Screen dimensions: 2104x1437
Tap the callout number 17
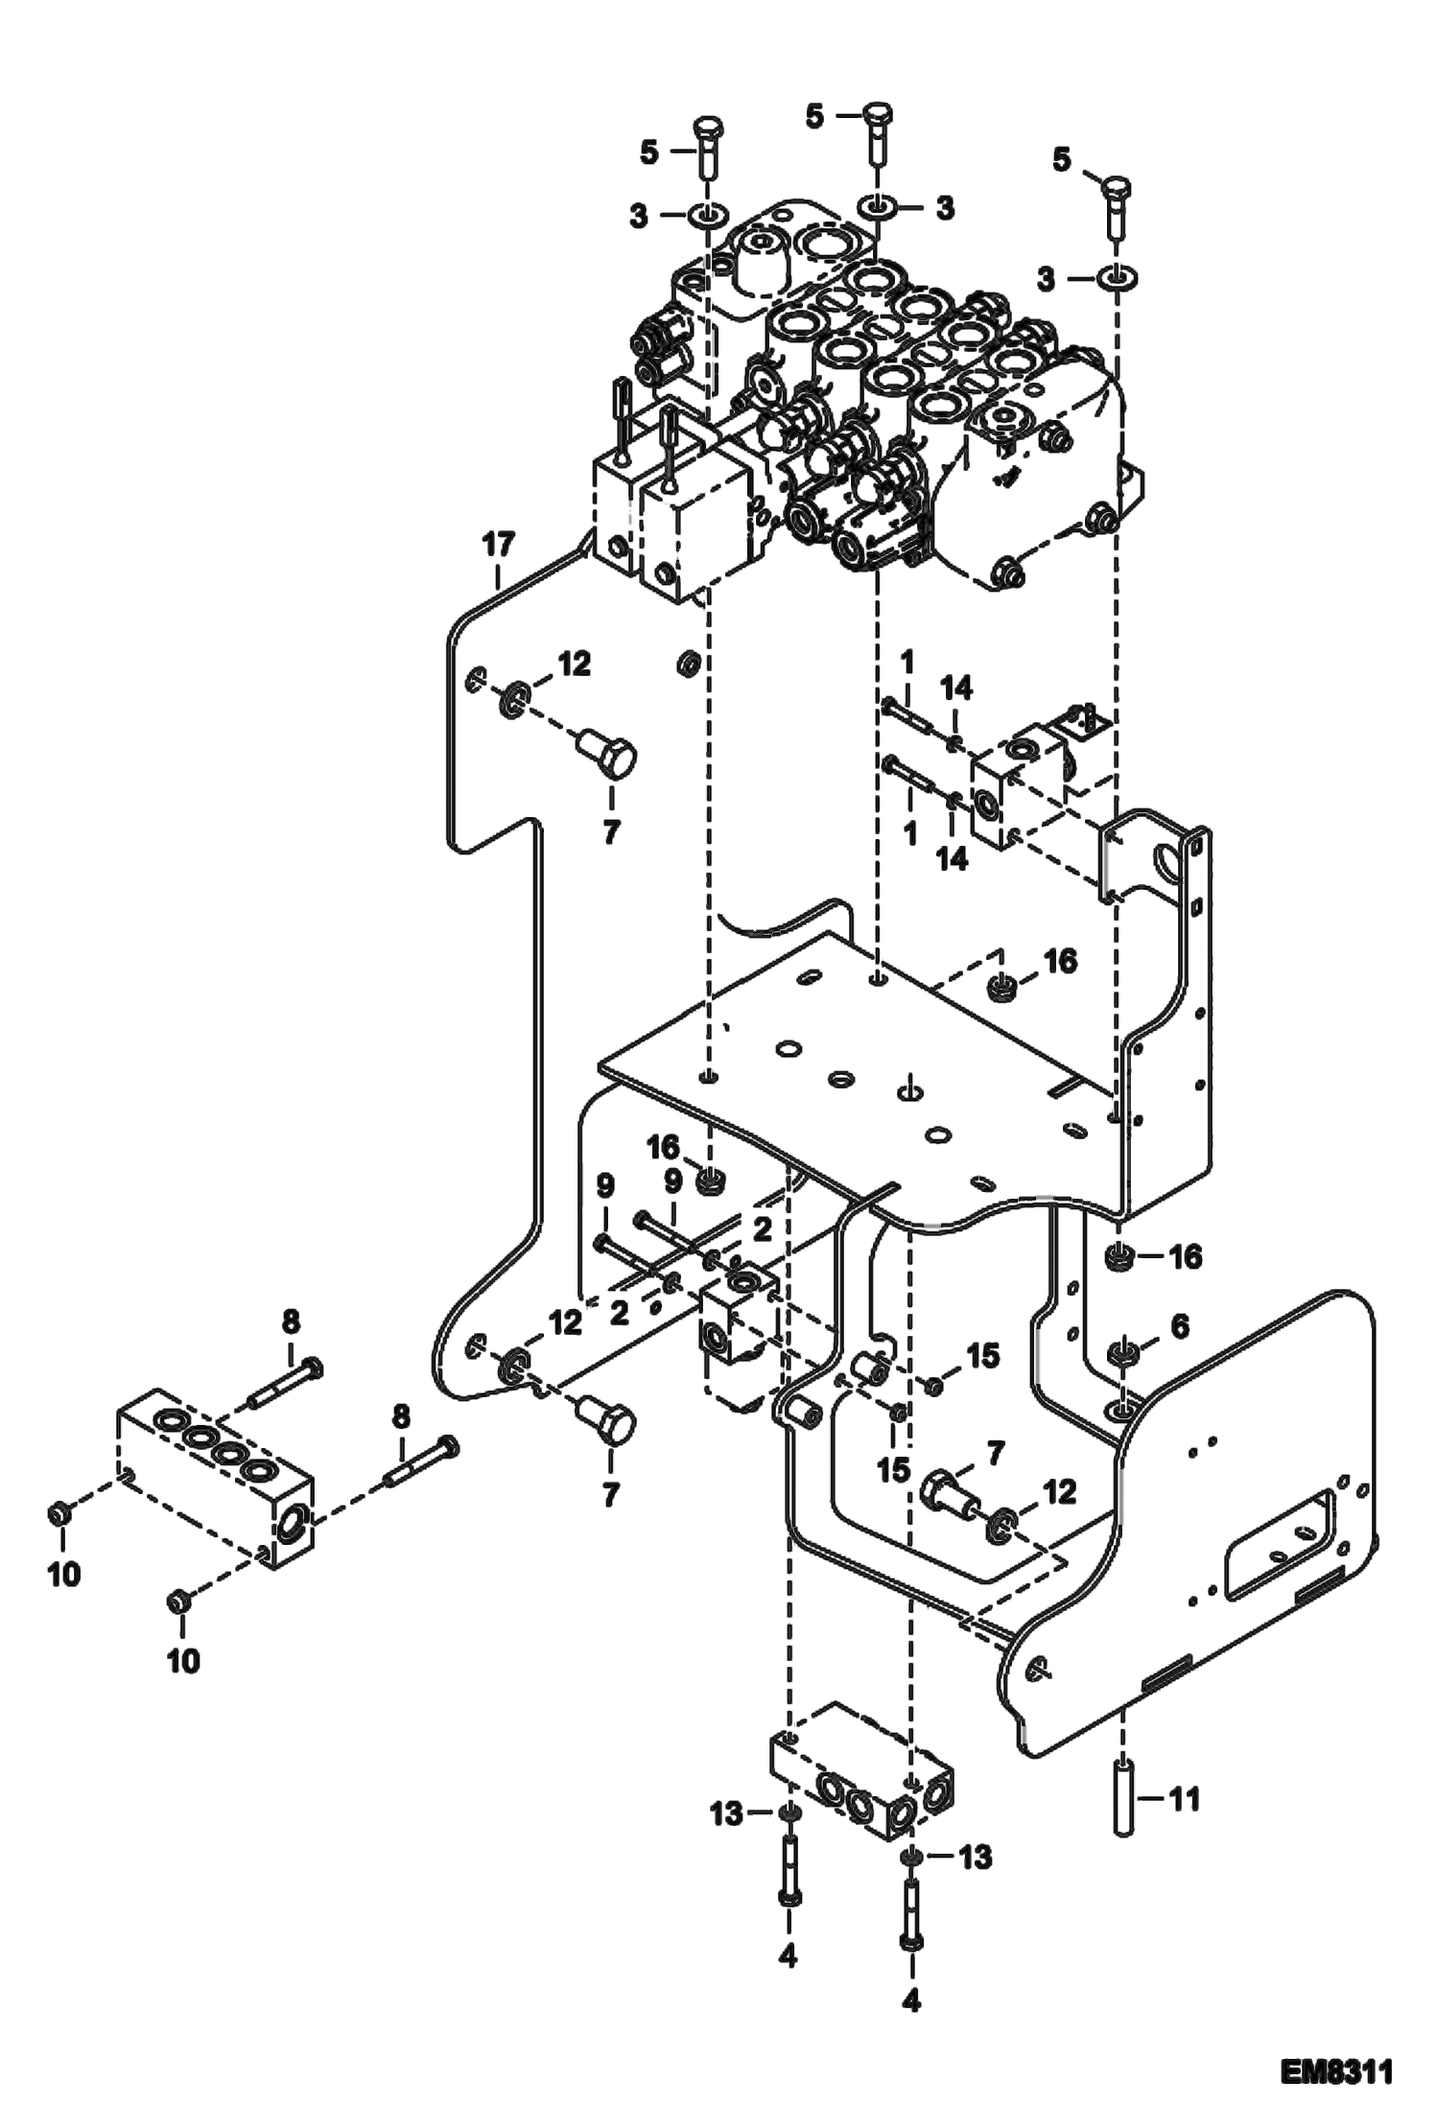(499, 545)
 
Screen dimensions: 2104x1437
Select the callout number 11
(1185, 1799)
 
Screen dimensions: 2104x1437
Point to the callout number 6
(1178, 1327)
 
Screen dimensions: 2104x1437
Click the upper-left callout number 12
(576, 664)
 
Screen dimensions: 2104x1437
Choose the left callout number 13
(727, 1813)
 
